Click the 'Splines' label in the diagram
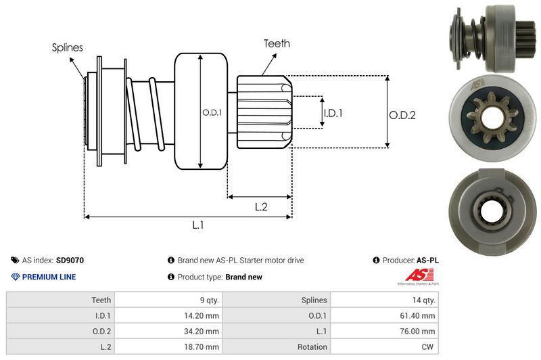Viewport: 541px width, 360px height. [67, 47]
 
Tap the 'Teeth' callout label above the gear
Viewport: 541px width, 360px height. [277, 43]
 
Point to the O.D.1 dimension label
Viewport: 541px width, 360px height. [211, 112]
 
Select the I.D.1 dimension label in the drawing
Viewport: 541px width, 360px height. [333, 113]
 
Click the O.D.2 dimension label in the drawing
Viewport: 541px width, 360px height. [402, 115]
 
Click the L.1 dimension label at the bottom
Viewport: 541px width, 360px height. [198, 226]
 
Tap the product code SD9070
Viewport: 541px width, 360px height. [70, 260]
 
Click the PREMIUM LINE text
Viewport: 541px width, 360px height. [49, 277]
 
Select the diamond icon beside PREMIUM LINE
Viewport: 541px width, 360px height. [16, 277]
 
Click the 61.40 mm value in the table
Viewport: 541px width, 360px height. [419, 315]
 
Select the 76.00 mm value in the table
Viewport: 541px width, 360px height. [419, 331]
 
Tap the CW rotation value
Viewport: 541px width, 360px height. [428, 346]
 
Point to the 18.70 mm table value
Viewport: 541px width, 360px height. [202, 346]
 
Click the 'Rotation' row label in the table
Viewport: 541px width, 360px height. [312, 346]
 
